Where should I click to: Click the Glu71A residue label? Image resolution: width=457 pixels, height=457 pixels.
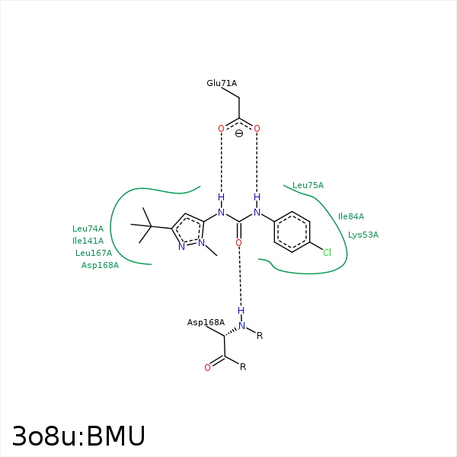pyautogui.click(x=222, y=83)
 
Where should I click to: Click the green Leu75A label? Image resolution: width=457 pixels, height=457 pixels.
pyautogui.click(x=308, y=185)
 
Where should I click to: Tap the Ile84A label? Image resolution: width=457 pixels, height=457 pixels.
pyautogui.click(x=351, y=216)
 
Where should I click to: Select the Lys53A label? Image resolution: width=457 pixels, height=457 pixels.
pyautogui.click(x=363, y=235)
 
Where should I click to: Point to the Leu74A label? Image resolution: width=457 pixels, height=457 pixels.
pyautogui.click(x=88, y=228)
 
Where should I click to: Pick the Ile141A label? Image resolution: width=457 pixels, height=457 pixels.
pyautogui.click(x=88, y=241)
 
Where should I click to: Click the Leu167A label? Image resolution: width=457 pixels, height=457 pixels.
pyautogui.click(x=94, y=253)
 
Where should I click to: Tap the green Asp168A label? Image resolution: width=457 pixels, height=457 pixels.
pyautogui.click(x=100, y=265)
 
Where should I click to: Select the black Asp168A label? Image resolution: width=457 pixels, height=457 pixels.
pyautogui.click(x=206, y=323)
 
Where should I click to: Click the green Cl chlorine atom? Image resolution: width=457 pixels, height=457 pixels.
pyautogui.click(x=327, y=252)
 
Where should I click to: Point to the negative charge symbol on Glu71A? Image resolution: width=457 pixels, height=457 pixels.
pyautogui.click(x=239, y=133)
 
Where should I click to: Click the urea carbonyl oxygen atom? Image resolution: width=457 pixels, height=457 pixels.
pyautogui.click(x=238, y=243)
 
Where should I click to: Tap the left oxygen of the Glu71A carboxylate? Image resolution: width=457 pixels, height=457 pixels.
pyautogui.click(x=221, y=129)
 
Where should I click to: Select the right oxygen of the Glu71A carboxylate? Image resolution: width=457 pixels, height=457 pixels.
pyautogui.click(x=257, y=129)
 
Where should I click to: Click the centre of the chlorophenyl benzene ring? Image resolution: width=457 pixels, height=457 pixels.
pyautogui.click(x=292, y=232)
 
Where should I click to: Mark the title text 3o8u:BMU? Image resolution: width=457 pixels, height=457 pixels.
pyautogui.click(x=78, y=436)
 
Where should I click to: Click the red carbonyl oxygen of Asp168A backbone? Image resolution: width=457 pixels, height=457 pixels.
pyautogui.click(x=207, y=368)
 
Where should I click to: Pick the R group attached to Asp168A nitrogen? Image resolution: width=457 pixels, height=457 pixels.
pyautogui.click(x=260, y=336)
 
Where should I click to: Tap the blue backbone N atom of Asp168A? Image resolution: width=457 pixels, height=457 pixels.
pyautogui.click(x=241, y=326)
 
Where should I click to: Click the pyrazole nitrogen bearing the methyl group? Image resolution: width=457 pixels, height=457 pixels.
pyautogui.click(x=201, y=243)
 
